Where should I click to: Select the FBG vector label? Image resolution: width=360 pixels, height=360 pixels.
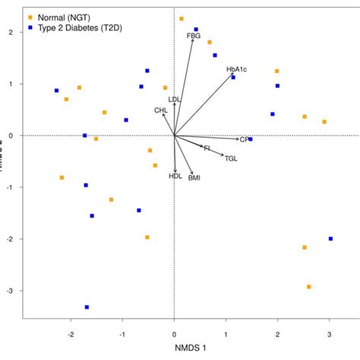tap(194, 36)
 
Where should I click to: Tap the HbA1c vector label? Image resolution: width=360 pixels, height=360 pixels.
tap(236, 69)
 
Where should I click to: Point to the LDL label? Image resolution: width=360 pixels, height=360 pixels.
tap(175, 99)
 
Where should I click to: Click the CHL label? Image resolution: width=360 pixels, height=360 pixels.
tap(161, 110)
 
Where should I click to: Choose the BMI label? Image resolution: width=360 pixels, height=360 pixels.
tap(194, 177)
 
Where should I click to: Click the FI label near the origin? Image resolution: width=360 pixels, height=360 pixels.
tap(207, 147)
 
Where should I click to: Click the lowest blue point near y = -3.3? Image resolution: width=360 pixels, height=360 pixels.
tap(87, 307)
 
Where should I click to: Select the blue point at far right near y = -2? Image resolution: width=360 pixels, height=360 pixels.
tap(330, 238)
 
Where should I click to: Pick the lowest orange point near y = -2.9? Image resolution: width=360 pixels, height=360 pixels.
tap(309, 286)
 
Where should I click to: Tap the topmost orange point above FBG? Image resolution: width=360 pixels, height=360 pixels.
tap(181, 18)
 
